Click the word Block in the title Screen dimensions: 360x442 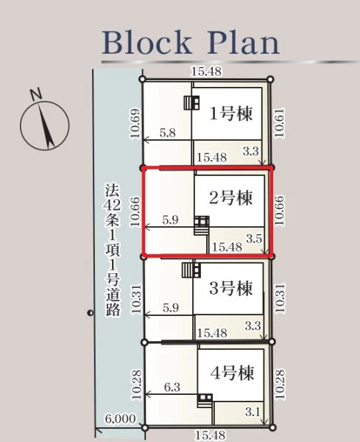click(147, 42)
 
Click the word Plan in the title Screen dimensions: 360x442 click(244, 42)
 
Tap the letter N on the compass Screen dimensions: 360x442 click(36, 94)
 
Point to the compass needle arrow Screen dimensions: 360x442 click(46, 126)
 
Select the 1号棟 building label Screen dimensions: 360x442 click(230, 113)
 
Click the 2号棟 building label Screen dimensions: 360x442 click(230, 197)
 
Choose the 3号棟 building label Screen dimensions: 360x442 click(230, 288)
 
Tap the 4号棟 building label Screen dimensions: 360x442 click(232, 373)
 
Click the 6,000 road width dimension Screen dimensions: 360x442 click(120, 418)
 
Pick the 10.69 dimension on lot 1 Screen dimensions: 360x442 click(135, 124)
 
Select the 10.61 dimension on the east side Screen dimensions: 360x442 click(280, 123)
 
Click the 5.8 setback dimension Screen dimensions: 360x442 click(168, 133)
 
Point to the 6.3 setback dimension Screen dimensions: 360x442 click(172, 387)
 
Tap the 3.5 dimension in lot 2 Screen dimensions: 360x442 click(254, 239)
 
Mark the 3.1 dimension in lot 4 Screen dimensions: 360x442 click(253, 412)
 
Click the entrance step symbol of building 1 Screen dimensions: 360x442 click(191, 102)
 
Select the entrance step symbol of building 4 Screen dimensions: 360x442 click(205, 400)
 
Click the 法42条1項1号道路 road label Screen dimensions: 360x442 click(113, 250)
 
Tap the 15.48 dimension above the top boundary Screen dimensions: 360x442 click(206, 71)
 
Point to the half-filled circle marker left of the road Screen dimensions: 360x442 click(90, 312)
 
